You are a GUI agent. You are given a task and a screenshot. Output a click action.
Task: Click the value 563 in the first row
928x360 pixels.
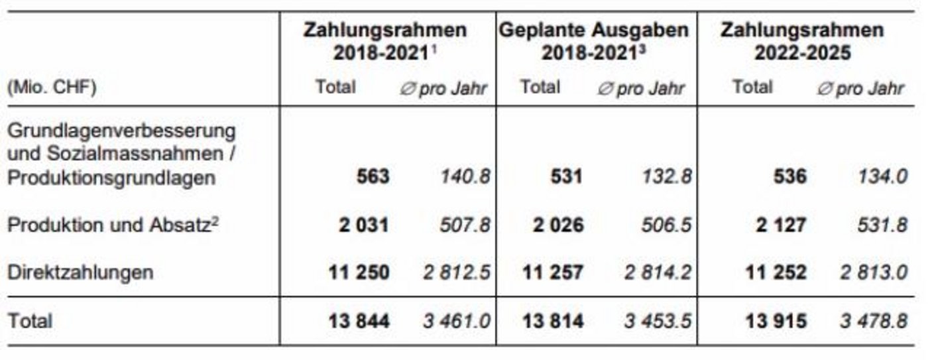pos(372,178)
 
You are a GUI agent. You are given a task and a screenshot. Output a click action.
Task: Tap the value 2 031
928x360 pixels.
pos(359,225)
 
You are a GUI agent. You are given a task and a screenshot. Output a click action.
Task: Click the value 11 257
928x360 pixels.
pos(553,272)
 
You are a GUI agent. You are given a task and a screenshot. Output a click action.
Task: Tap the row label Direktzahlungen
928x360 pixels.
pos(80,272)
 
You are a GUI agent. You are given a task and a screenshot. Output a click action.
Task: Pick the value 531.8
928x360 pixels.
pos(880,225)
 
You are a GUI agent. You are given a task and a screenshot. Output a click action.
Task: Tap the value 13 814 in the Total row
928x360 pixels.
pos(553,322)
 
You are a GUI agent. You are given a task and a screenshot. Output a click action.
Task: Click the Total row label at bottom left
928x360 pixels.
pos(30,322)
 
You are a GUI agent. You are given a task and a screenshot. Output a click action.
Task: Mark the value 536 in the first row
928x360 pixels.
pos(787,178)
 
